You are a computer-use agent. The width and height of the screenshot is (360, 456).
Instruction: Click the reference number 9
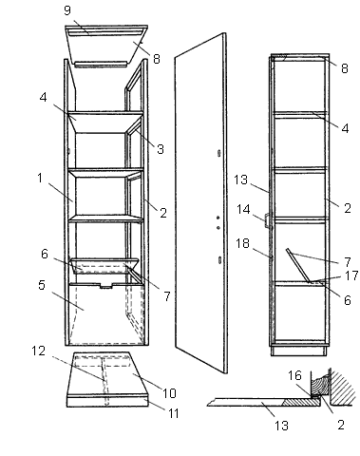tap(67, 10)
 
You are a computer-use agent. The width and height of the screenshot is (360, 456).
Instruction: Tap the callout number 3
tap(161, 149)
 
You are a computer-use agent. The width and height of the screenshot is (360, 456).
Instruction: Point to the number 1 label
tap(40, 178)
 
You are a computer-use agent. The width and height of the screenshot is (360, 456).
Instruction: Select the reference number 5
tap(42, 285)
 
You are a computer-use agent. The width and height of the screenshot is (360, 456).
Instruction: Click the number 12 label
tap(39, 351)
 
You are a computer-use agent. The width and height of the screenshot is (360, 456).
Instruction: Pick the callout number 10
tap(169, 393)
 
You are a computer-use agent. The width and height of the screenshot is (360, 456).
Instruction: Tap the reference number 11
tap(173, 413)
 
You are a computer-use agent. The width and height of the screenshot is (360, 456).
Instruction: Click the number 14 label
tap(243, 209)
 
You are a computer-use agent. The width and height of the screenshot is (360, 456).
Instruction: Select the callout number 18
tap(242, 243)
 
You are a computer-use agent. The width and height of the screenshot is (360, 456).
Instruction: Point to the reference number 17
tap(351, 275)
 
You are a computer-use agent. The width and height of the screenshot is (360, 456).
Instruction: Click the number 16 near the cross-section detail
tap(294, 375)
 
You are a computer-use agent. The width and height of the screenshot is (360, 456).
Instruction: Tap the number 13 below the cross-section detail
tap(281, 426)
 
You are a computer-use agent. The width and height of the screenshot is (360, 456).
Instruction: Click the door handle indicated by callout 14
tap(266, 220)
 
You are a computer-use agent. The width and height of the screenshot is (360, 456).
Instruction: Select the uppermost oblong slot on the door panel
tap(219, 153)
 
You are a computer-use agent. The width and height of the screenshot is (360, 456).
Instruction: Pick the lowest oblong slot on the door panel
tap(219, 260)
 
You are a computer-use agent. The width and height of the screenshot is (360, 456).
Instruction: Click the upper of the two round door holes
tap(218, 218)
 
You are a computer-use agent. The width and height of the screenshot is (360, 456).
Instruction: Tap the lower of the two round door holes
tap(218, 227)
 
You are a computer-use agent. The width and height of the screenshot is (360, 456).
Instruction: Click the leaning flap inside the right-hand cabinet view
tap(298, 265)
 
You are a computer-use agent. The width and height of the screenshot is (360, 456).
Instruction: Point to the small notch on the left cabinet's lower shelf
tap(106, 286)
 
